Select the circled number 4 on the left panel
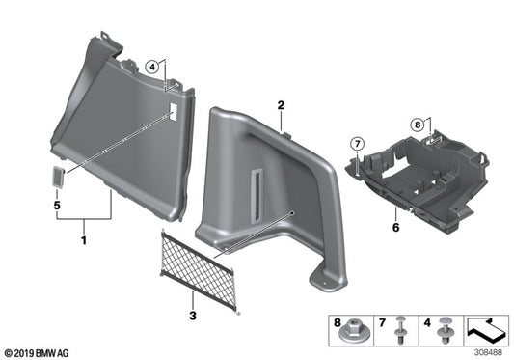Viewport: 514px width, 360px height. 152,67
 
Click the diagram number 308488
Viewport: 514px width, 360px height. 488,352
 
